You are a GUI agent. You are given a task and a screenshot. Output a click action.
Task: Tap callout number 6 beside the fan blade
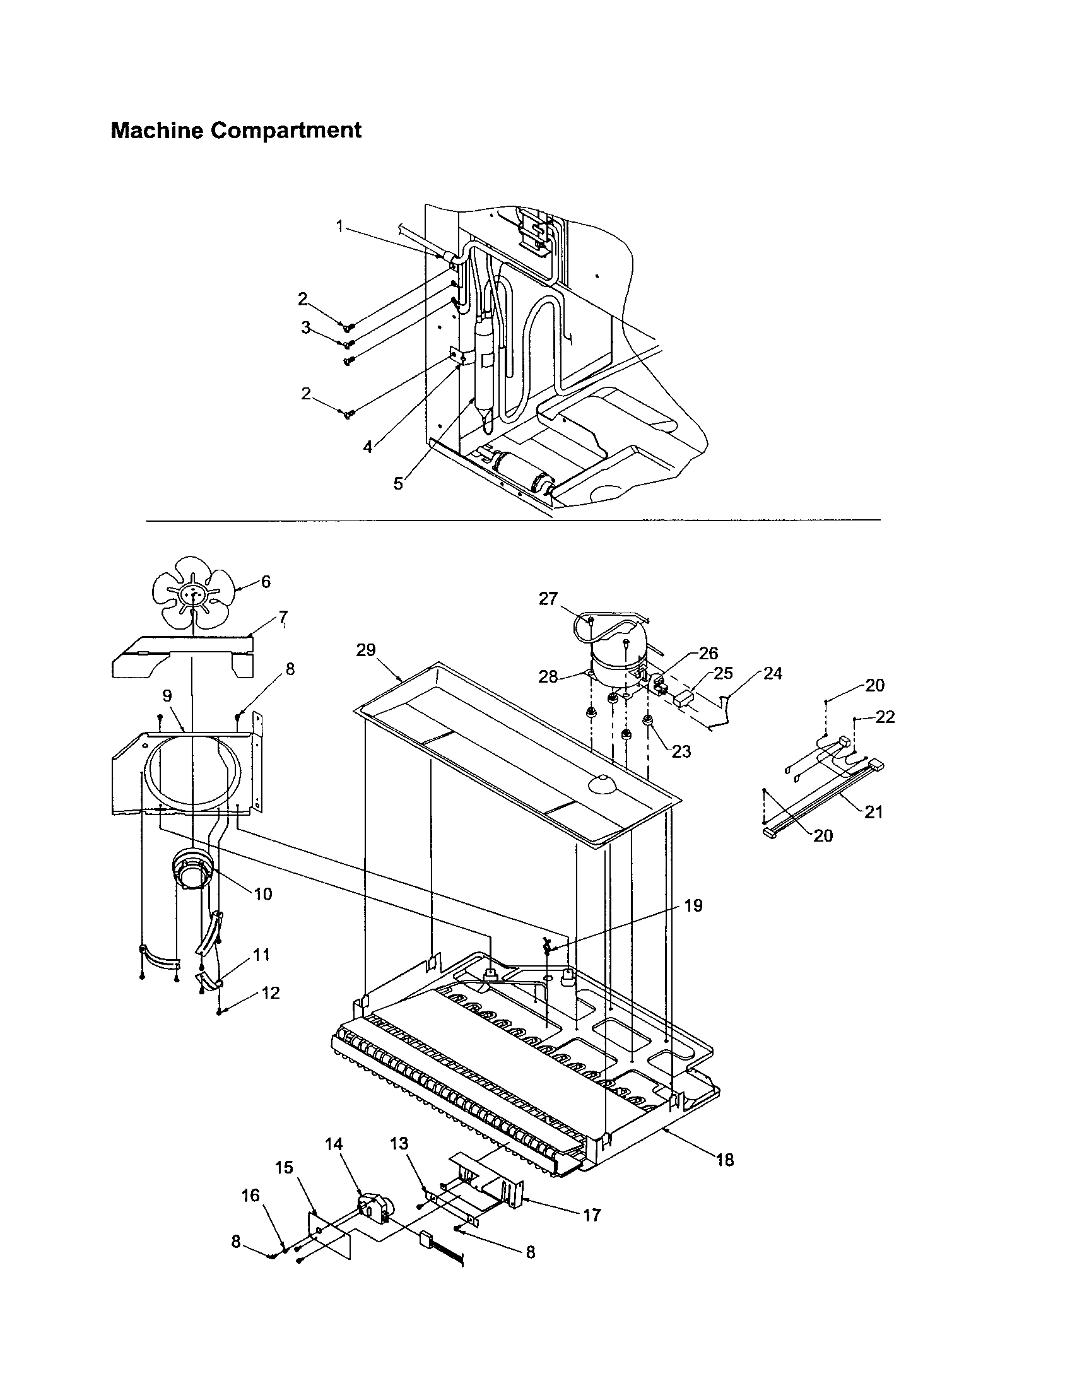click(266, 582)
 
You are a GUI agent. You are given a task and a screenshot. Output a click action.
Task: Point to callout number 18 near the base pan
click(725, 1160)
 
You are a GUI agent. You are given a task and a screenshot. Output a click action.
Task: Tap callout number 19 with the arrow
click(693, 905)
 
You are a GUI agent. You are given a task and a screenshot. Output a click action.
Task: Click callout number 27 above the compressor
click(548, 599)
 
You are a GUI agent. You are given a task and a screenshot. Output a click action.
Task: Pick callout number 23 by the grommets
click(682, 751)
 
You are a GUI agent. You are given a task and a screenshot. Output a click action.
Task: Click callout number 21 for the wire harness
click(874, 811)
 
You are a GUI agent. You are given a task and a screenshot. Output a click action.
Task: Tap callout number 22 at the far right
click(885, 717)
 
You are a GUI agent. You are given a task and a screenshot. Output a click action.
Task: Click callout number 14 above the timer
click(334, 1144)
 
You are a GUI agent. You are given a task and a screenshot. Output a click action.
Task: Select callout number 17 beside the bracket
click(592, 1215)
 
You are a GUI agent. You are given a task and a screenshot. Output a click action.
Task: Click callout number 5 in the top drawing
click(398, 484)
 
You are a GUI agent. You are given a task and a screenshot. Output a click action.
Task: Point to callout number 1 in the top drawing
click(340, 226)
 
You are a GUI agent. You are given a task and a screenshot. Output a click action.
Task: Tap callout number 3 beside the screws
click(306, 328)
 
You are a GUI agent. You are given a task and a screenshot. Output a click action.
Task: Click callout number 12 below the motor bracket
click(271, 992)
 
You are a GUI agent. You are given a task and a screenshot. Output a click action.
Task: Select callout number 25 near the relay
click(723, 673)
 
